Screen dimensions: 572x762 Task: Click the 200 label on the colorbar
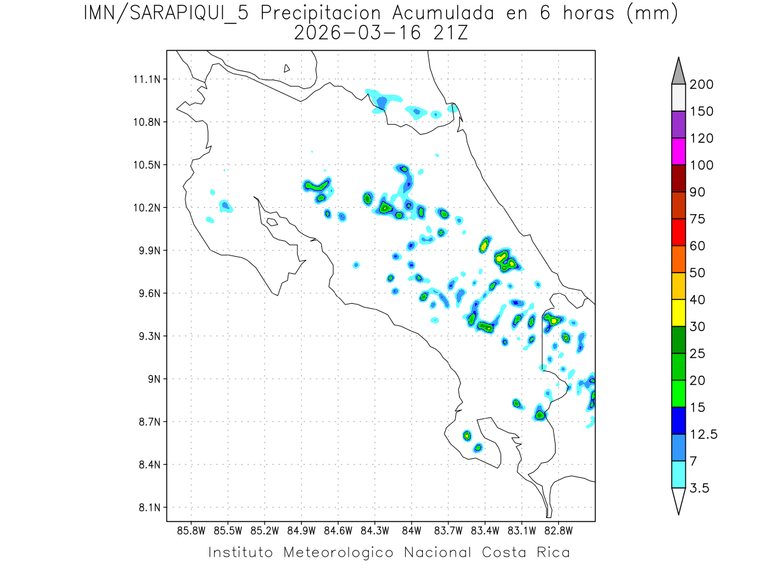702,85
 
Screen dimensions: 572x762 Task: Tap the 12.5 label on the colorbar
704,434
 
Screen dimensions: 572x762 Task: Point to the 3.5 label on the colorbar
700,488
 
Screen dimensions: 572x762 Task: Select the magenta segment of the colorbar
678,151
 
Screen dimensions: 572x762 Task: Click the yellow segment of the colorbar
678,313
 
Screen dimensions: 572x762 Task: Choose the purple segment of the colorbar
678,125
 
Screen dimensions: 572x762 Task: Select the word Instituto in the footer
241,552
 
